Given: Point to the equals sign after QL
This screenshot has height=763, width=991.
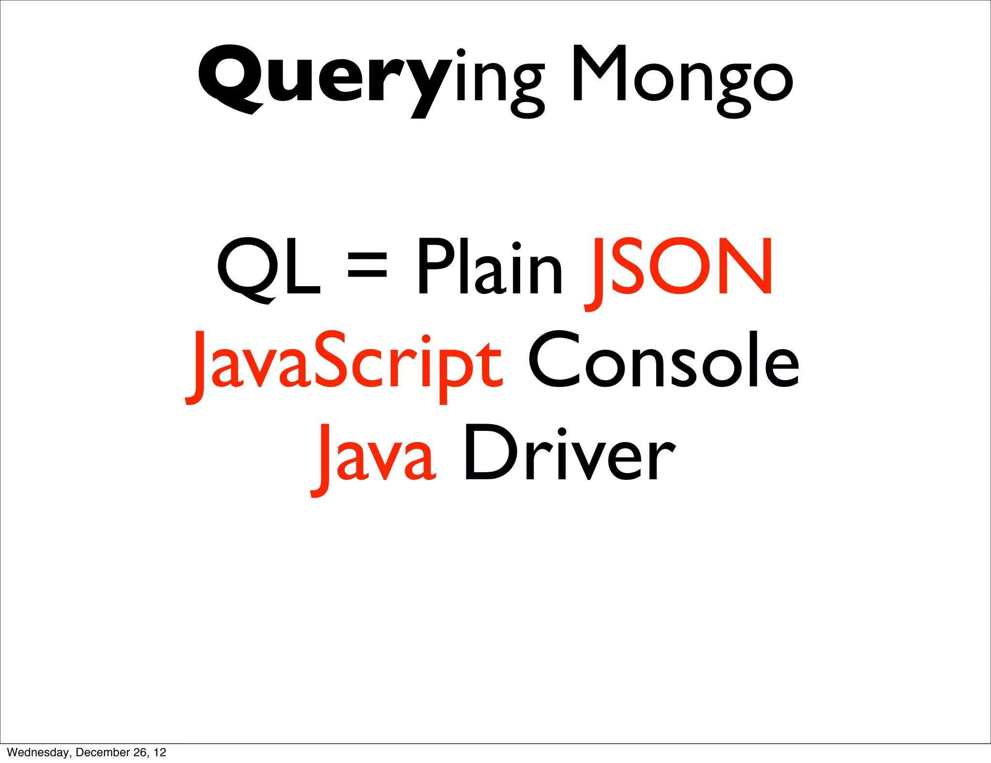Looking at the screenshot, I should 368,265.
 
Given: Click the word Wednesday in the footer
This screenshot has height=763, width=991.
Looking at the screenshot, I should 38,752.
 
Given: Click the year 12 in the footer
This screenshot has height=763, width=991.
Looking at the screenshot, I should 160,752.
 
